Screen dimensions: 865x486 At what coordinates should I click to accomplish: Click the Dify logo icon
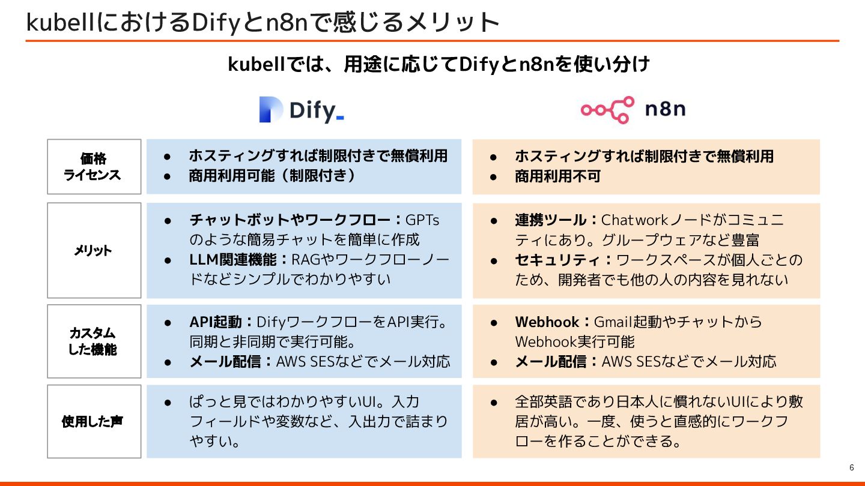[270, 110]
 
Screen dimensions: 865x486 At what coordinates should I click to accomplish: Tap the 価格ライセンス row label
[94, 167]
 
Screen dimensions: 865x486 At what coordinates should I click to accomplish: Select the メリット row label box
[94, 250]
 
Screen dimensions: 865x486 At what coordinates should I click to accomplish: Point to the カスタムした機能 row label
[94, 341]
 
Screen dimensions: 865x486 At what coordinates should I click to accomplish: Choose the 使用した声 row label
[94, 421]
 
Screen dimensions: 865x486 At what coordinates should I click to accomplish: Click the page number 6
[851, 468]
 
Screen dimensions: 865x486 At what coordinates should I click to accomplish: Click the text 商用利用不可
[557, 176]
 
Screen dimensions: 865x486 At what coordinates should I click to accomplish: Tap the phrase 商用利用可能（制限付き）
[272, 176]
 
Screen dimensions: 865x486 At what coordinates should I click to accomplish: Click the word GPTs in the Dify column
[422, 220]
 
